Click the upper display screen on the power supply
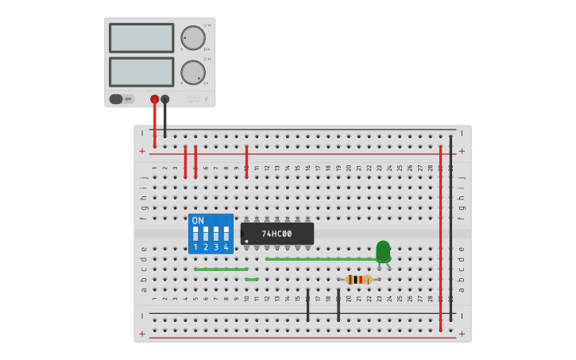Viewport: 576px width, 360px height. [x=141, y=38]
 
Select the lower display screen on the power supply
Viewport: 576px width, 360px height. [x=141, y=72]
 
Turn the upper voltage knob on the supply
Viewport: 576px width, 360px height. [x=192, y=37]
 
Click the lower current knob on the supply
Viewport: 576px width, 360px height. [x=192, y=72]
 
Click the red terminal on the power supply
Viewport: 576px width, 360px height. [x=154, y=99]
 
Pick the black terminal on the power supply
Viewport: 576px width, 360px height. [x=164, y=99]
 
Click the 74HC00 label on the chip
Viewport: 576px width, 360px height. [x=277, y=234]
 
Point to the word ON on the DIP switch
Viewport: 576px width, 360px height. [x=198, y=221]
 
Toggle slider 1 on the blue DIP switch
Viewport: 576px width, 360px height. [x=195, y=234]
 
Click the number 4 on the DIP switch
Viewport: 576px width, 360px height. [x=226, y=248]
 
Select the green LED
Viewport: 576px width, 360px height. [x=383, y=250]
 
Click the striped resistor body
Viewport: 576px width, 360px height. [x=359, y=279]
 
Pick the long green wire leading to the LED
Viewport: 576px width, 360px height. [x=318, y=259]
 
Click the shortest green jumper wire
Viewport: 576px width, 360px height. [x=252, y=279]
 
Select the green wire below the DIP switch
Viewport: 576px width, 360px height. [x=221, y=269]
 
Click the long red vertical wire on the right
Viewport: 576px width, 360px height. [x=440, y=238]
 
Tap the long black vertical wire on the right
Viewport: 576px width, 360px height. [x=450, y=230]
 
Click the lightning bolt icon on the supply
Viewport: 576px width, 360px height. [x=207, y=99]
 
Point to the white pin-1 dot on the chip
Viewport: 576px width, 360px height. [x=246, y=241]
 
